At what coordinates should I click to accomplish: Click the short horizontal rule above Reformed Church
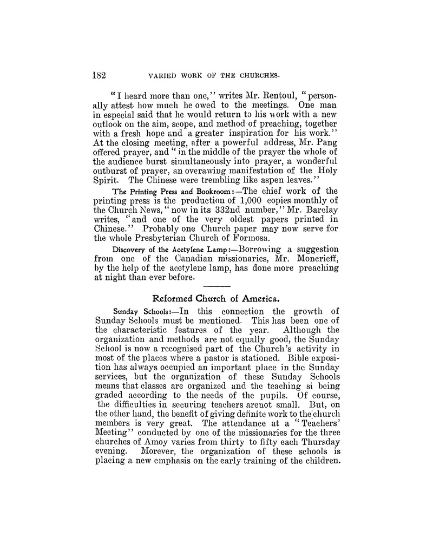click(x=218, y=286)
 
